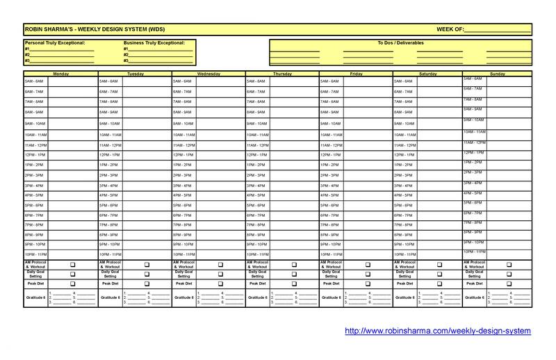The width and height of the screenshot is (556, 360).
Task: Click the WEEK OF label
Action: pos(449,28)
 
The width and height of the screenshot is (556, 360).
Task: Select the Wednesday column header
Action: pos(208,73)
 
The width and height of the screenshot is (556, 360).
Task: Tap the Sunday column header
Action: pos(498,73)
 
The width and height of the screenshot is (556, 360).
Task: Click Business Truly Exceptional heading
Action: pos(154,43)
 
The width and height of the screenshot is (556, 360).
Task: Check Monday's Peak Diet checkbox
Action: pos(73,284)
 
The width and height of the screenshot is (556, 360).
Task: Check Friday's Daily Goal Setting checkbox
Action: pos(367,275)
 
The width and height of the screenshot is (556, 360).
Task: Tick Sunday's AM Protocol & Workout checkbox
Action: pos(509,265)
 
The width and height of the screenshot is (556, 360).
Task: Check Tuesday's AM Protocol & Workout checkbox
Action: pos(147,265)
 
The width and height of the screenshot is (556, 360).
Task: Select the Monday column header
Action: pos(61,73)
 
